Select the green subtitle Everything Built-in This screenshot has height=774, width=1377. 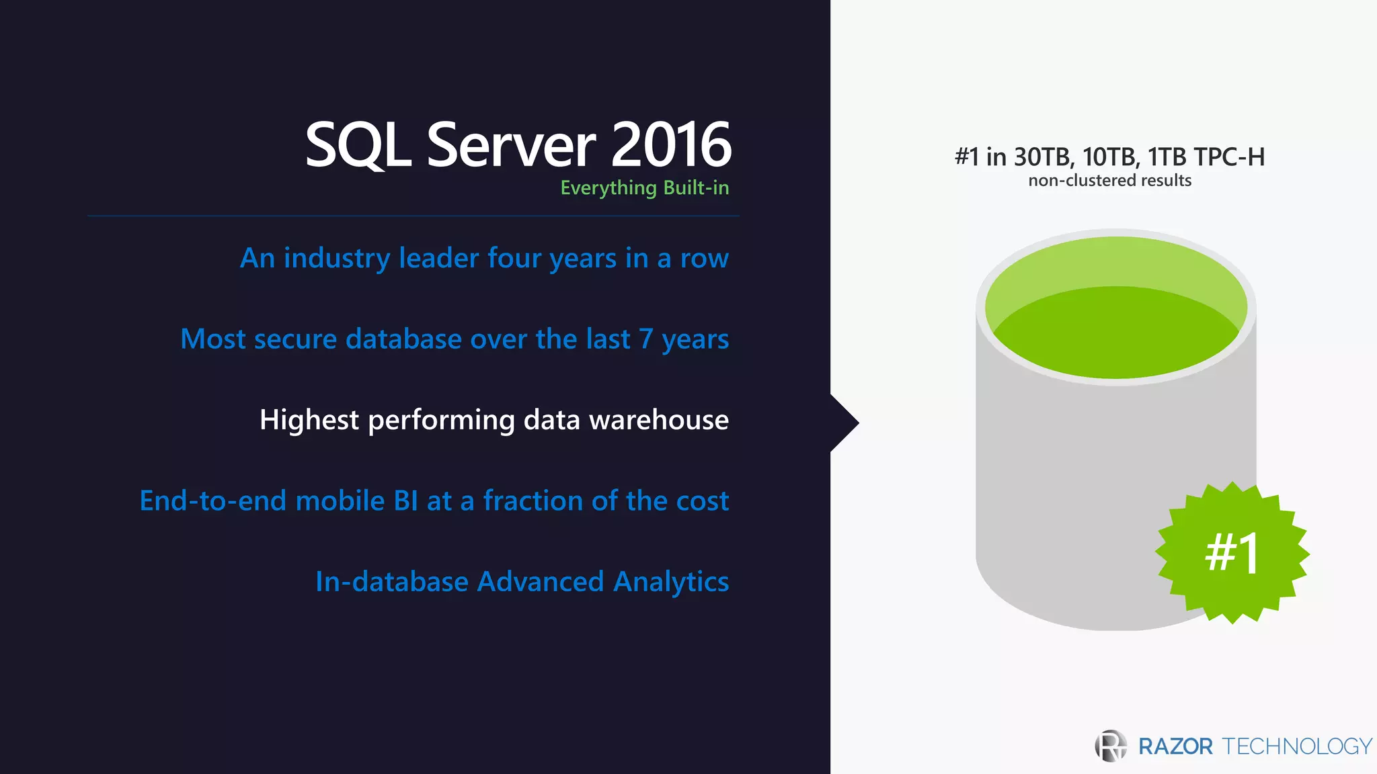644,187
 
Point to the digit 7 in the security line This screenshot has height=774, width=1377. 645,339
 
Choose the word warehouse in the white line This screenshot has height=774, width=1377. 658,420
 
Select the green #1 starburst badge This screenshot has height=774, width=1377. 1232,552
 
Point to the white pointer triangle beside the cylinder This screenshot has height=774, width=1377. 844,423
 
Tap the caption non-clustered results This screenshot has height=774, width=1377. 1109,181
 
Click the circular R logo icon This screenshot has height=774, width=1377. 1111,746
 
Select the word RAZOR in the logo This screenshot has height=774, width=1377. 1175,746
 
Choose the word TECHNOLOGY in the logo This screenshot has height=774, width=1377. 1297,746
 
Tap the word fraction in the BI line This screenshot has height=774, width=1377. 533,501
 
